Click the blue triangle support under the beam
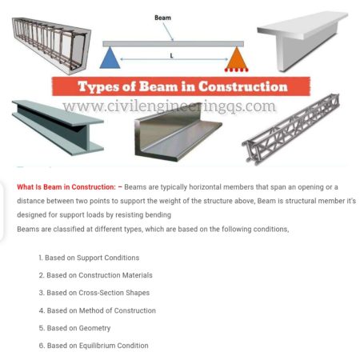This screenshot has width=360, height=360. [109, 58]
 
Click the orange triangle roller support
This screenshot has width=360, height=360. [234, 58]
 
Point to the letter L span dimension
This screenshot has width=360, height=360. [170, 55]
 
